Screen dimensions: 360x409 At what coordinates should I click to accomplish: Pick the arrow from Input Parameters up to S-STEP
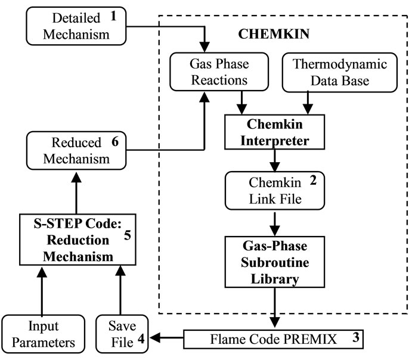coord(41,291)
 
